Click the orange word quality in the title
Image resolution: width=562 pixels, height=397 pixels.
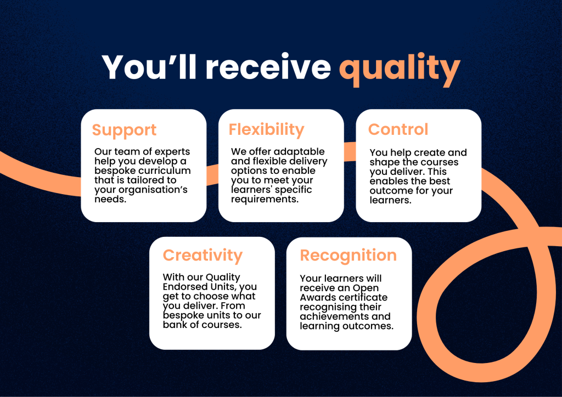tap(399, 68)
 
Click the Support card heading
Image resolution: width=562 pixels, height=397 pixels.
tap(124, 130)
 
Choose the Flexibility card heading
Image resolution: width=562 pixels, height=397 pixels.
tap(266, 129)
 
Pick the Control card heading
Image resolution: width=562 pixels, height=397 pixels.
tap(398, 129)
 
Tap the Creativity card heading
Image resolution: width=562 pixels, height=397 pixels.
tap(202, 256)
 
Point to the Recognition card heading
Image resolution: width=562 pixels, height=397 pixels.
tap(348, 256)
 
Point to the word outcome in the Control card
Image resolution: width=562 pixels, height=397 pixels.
tap(391, 191)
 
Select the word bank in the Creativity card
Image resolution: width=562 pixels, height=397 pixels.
tap(173, 325)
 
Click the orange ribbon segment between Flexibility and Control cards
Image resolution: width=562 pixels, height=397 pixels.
tap(350, 151)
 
